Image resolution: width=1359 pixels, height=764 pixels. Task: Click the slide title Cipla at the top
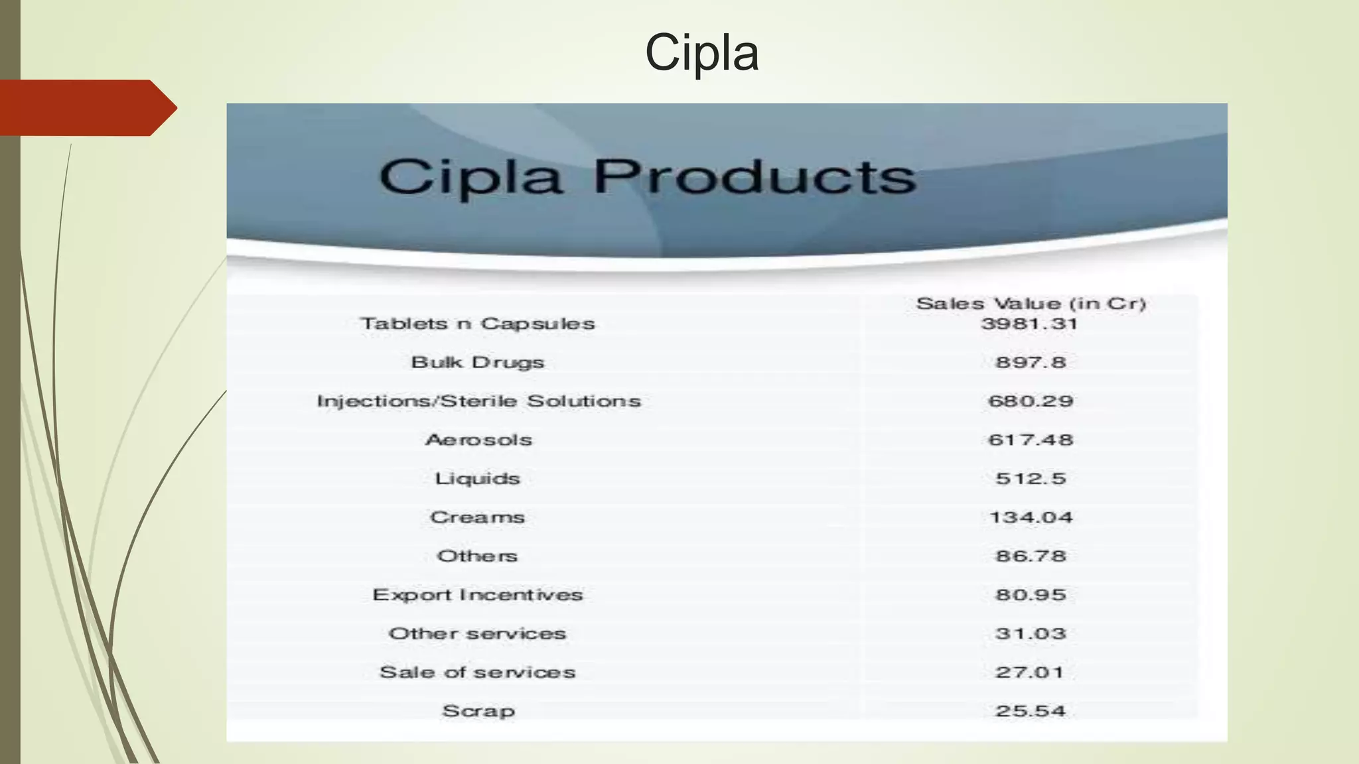coord(701,52)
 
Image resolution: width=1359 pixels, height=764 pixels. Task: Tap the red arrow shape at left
coord(86,107)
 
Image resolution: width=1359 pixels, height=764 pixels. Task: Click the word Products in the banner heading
coord(754,177)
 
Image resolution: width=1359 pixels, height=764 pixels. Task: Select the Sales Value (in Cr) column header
coord(1031,304)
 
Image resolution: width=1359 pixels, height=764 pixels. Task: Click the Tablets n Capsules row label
coord(477,324)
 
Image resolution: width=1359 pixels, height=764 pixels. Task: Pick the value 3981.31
coord(1029,324)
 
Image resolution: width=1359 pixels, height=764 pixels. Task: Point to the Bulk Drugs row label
coord(477,362)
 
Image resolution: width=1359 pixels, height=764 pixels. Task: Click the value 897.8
coord(1030,362)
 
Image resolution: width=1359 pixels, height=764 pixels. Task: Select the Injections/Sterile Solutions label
coord(478,401)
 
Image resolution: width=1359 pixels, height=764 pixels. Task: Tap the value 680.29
coord(1030,401)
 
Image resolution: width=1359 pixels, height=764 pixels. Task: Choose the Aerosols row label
coord(478,440)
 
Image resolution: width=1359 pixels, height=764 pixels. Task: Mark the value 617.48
coord(1030,440)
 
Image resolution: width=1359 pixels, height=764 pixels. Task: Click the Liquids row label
coord(477,478)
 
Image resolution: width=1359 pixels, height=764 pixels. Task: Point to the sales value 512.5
coord(1030,478)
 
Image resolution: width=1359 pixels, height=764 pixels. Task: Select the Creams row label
coord(477,517)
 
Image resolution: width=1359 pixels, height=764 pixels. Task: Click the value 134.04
coord(1030,517)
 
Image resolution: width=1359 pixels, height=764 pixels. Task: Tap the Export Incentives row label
coord(477,595)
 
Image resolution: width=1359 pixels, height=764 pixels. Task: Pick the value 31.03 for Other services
coord(1030,633)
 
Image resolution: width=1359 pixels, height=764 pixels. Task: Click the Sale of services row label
coord(477,672)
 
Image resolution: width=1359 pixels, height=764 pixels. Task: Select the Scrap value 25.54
coord(1030,711)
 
